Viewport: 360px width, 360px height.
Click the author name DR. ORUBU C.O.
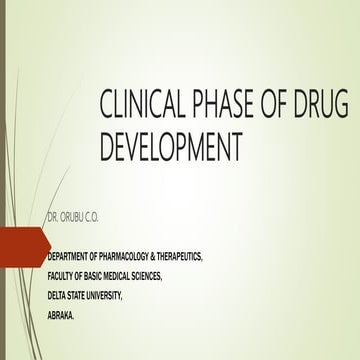74,215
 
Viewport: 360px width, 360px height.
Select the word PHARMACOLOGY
130,258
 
